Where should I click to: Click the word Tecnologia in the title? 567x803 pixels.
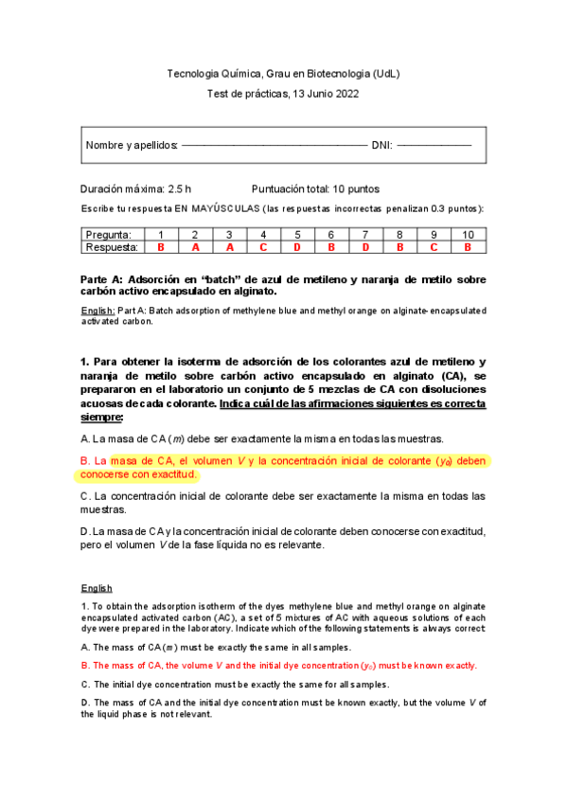(192, 73)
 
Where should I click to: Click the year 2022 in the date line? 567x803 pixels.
(345, 93)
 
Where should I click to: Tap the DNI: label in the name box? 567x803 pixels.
(382, 145)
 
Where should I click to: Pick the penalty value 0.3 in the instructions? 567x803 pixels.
(439, 207)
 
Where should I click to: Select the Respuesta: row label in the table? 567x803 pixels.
(112, 246)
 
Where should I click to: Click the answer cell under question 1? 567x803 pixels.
(161, 246)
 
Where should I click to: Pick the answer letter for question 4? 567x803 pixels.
(263, 246)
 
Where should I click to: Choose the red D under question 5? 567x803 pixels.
(297, 246)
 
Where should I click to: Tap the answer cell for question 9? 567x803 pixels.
(434, 246)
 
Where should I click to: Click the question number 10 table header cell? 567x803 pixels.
(468, 234)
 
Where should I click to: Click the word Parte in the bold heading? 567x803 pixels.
(97, 279)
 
